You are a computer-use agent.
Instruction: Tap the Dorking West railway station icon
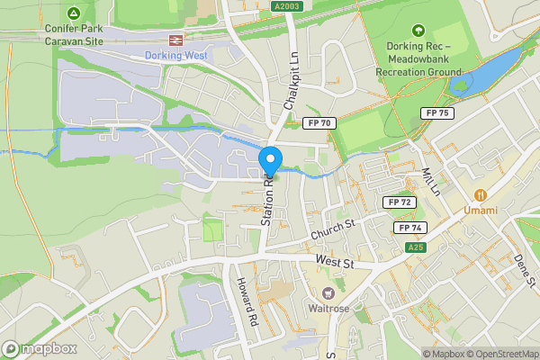[x=175, y=40]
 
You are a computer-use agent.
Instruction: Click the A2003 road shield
[x=287, y=5]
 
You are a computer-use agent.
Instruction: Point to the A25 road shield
[x=415, y=247]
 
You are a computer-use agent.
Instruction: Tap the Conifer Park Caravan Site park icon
[x=73, y=13]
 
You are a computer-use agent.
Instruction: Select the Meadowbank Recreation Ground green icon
[x=417, y=31]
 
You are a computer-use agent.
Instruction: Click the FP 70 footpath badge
[x=320, y=122]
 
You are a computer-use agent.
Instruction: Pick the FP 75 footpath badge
[x=437, y=112]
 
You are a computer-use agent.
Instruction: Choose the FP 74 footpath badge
[x=409, y=228]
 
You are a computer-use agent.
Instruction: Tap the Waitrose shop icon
[x=328, y=294]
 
